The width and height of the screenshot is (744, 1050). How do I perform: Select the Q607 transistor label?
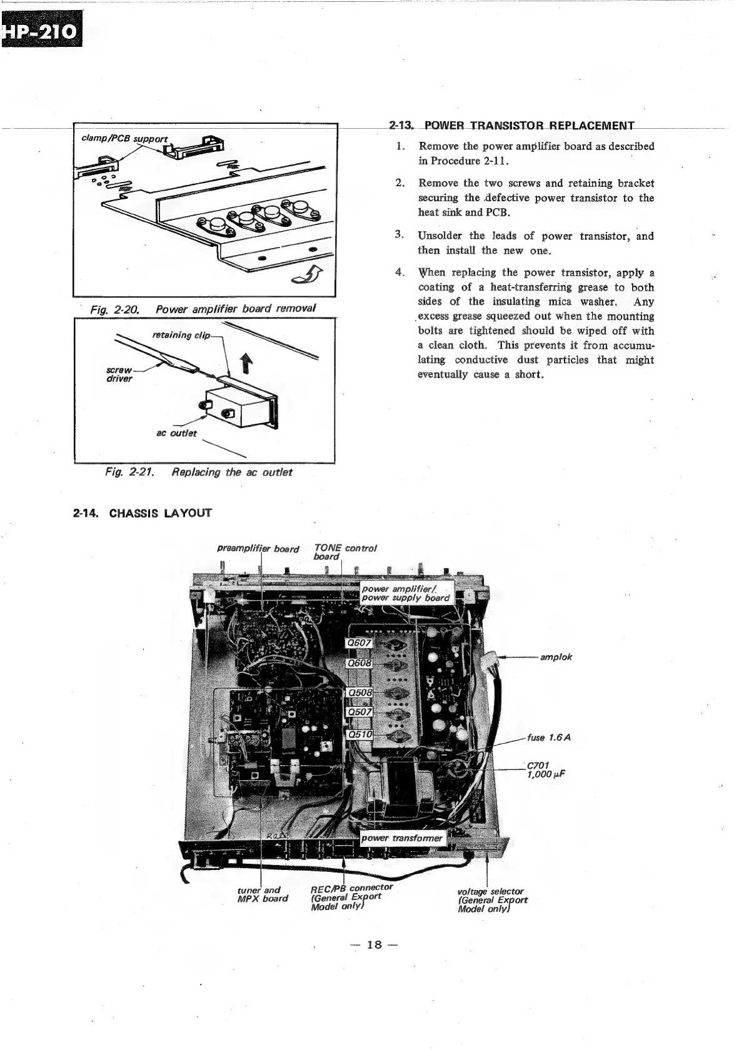tap(359, 643)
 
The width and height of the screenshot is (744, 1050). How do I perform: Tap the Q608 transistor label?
tap(359, 663)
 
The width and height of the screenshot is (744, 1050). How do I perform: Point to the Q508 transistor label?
tap(359, 692)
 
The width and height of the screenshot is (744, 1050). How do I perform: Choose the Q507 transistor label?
tap(359, 712)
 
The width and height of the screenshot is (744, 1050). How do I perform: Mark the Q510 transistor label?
tap(359, 734)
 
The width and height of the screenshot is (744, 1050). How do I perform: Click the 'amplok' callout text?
tap(557, 657)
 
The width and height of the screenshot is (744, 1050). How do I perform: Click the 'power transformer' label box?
tap(403, 838)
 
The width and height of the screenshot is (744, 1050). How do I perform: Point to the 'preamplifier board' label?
tap(258, 549)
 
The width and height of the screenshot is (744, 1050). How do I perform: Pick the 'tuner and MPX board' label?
tap(263, 894)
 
